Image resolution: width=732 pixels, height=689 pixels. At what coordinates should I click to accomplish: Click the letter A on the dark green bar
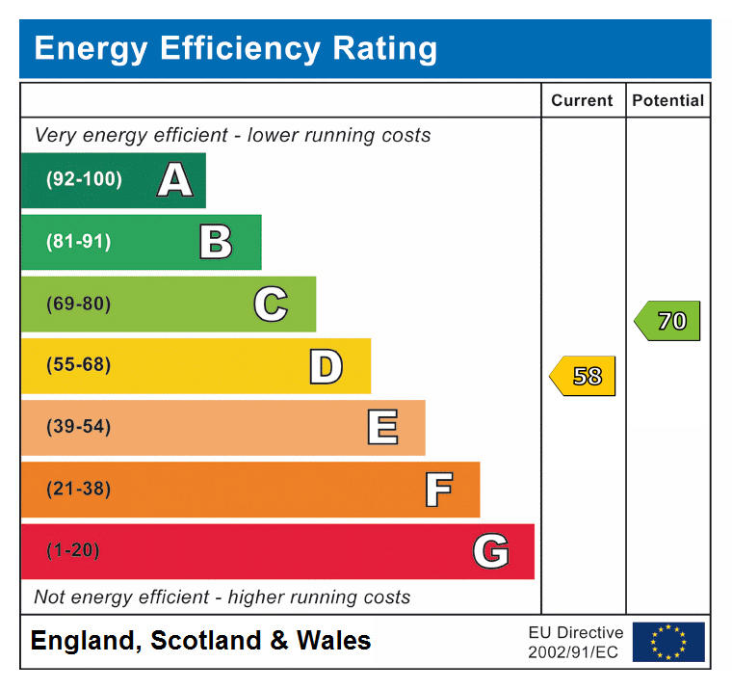click(174, 180)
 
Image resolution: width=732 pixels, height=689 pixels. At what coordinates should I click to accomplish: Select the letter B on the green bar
click(216, 242)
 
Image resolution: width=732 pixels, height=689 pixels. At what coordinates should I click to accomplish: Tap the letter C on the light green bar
click(271, 305)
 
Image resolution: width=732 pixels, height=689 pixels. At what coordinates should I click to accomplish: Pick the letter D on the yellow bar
click(326, 366)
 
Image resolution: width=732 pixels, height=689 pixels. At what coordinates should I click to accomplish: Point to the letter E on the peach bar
click(381, 428)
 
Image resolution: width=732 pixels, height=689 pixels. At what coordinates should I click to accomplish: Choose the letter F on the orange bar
click(438, 490)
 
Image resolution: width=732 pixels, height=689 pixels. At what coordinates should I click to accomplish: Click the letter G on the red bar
click(490, 551)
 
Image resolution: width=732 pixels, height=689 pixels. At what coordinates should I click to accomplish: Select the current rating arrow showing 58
click(584, 376)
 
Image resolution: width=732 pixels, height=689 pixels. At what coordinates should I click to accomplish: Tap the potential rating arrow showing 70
click(668, 321)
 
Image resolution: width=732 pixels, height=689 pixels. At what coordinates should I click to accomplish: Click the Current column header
click(582, 100)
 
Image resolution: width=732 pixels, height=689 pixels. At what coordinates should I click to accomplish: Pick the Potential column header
click(668, 100)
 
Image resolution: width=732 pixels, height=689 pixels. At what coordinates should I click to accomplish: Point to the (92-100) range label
click(84, 180)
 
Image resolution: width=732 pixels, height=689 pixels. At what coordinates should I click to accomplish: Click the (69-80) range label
click(78, 305)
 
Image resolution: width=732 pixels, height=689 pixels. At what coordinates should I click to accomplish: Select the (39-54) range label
click(78, 428)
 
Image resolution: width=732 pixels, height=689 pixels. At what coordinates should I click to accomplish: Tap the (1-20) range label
click(73, 551)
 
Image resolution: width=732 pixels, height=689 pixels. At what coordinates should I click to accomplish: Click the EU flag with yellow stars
click(668, 642)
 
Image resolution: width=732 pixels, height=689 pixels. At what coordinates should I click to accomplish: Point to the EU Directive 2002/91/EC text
click(575, 642)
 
